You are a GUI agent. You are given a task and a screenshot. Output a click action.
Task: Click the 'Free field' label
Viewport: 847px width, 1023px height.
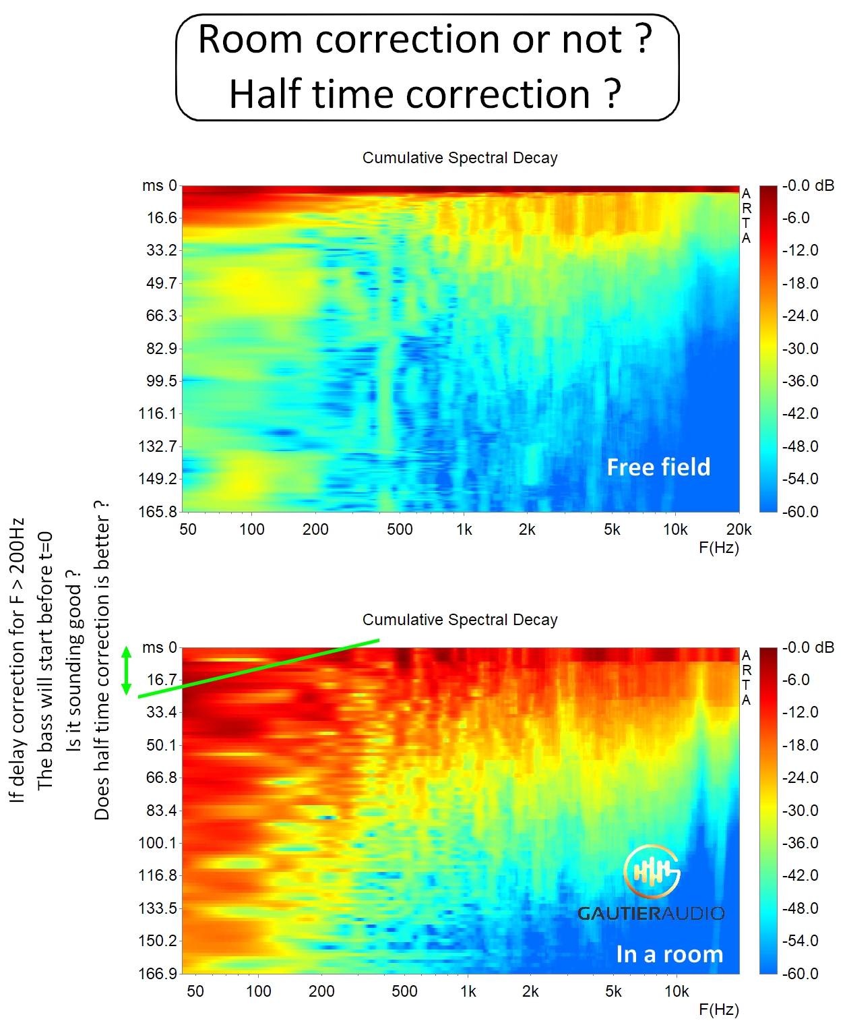pos(658,467)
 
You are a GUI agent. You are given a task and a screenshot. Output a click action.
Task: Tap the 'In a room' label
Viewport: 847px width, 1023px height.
pos(669,954)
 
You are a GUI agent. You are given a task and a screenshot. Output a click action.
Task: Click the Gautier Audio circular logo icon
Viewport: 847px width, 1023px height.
pos(651,871)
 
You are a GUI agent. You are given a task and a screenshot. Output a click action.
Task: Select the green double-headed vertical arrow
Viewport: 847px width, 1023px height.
pos(126,671)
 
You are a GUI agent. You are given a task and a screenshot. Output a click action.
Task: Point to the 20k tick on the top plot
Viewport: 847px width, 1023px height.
pos(739,529)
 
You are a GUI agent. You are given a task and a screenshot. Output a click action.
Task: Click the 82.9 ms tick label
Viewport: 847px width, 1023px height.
pos(162,349)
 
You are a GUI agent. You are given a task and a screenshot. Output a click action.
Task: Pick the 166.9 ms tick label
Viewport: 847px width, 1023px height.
pos(158,973)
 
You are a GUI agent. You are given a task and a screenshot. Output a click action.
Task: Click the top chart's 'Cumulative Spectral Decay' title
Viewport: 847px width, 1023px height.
pos(460,158)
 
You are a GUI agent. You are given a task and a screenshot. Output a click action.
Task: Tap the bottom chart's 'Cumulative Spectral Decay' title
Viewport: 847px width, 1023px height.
pos(460,620)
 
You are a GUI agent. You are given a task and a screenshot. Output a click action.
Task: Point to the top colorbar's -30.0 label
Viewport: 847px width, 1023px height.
pos(800,349)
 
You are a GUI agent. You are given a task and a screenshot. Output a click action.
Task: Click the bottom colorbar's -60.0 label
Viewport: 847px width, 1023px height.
pos(800,973)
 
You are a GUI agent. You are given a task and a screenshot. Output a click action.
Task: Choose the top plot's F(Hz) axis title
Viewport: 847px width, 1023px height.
pos(718,548)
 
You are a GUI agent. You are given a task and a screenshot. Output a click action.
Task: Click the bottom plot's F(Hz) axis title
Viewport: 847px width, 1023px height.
pos(718,1010)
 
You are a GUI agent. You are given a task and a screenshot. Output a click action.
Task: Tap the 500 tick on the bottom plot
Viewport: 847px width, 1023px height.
pos(404,991)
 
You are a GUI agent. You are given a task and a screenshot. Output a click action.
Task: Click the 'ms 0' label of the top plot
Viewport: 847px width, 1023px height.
pos(160,185)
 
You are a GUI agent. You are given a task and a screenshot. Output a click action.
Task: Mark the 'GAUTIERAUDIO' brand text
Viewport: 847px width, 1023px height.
pos(651,914)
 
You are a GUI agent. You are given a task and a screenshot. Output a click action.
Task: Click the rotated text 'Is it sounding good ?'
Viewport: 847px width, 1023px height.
pos(73,661)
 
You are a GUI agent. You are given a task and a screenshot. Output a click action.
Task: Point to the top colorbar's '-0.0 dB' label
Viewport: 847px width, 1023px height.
pos(807,185)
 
